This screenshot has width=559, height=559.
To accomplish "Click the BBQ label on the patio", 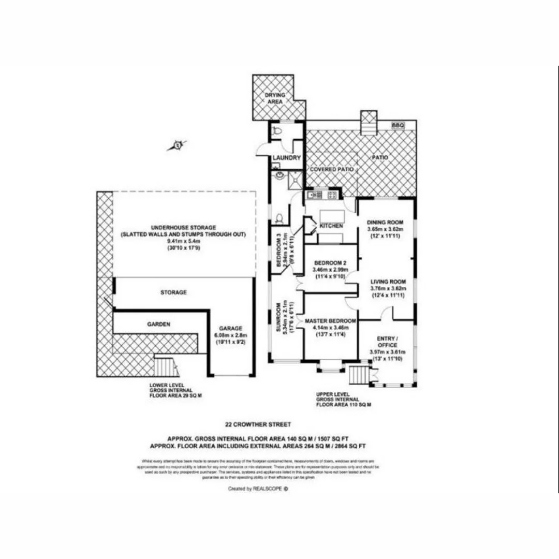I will click(x=397, y=125).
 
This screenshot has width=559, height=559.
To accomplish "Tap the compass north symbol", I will click(x=177, y=145).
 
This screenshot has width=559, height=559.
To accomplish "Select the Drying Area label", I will click(x=274, y=99).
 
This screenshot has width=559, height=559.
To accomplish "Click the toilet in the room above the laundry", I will click(x=277, y=131).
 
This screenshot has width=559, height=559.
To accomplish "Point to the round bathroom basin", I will click(x=280, y=175).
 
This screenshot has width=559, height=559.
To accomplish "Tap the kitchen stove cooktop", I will click(x=332, y=195).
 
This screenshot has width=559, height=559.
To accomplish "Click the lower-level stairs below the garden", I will click(x=165, y=366).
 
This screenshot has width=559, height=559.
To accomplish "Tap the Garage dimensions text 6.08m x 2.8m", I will click(x=230, y=335).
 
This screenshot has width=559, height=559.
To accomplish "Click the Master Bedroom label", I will click(x=330, y=321).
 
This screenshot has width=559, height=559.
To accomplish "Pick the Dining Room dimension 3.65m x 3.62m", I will click(x=385, y=229).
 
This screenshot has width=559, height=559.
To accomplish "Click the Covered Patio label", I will click(x=331, y=169).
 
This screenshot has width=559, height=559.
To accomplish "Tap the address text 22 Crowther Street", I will click(x=257, y=424).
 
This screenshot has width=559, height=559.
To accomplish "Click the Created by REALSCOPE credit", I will click(x=257, y=488).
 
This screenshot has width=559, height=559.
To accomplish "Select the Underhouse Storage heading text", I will click(x=183, y=227).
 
